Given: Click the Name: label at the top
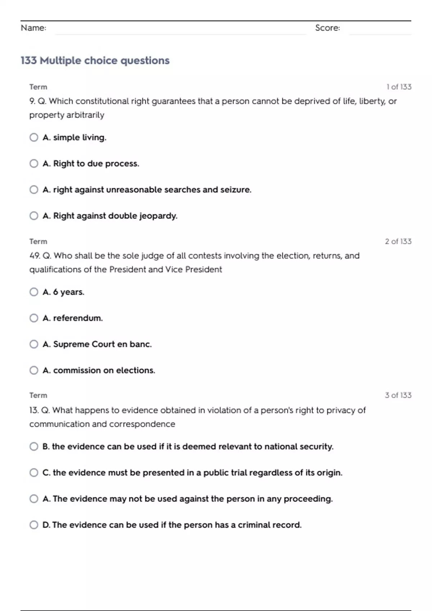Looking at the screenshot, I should click(33, 28).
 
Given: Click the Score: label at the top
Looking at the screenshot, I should click(327, 28).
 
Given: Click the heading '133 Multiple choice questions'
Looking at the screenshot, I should click(95, 60).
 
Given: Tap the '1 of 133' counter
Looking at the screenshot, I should click(399, 87).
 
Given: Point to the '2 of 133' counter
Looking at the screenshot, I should click(398, 242).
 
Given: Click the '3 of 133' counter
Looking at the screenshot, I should click(398, 395).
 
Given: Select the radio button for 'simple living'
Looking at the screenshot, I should click(34, 137).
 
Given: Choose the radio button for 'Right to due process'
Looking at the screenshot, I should click(34, 164).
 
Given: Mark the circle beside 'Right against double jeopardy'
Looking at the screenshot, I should click(34, 216).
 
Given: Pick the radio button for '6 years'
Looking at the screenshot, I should click(34, 292).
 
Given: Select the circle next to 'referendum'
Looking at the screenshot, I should click(34, 318).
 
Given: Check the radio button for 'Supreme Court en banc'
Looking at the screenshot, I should click(34, 344).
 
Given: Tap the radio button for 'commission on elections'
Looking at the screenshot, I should click(34, 370).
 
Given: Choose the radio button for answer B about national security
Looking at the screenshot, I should click(34, 446).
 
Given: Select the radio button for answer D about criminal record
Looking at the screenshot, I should click(34, 525).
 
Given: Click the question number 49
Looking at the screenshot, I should click(35, 256).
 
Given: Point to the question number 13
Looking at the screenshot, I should click(34, 410).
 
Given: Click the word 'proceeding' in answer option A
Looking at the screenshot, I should click(308, 499).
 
